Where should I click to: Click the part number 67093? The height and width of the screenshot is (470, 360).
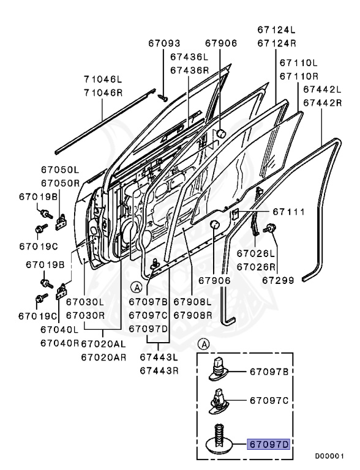tap(164, 43)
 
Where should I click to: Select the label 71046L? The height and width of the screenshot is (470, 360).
tap(105, 79)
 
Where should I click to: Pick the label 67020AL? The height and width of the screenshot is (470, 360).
tap(105, 344)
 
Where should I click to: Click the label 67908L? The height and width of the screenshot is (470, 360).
tap(192, 302)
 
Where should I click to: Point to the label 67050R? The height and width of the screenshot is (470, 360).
tap(61, 183)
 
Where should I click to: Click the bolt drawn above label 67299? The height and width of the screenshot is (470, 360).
tap(269, 229)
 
